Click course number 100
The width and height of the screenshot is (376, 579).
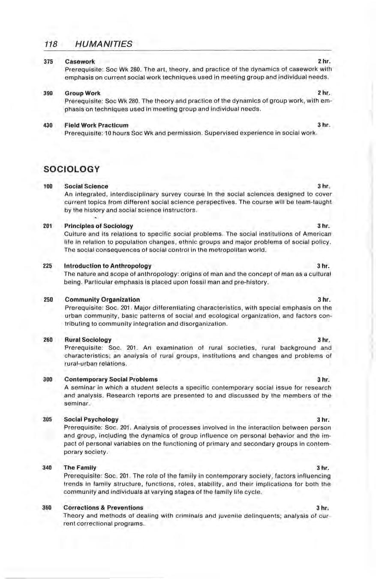[48, 187]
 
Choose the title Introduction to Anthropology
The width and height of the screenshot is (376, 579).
[107, 266]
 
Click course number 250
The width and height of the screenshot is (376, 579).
[48, 299]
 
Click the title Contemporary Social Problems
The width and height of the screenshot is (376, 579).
[111, 380]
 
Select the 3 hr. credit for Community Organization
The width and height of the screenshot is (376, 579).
[323, 299]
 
